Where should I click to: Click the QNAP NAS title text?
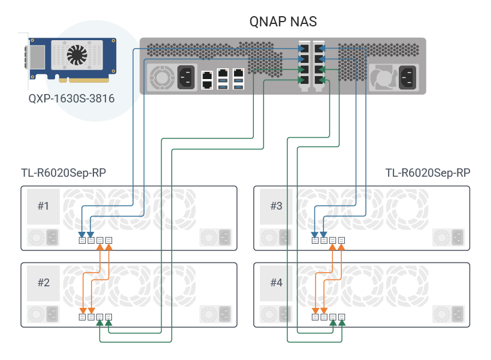click(x=283, y=22)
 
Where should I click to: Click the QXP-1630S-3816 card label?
click(x=71, y=98)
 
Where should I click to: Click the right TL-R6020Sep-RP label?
click(x=428, y=174)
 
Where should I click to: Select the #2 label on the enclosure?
click(x=44, y=283)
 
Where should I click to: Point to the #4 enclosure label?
click(x=276, y=283)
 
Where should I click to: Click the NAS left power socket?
click(x=184, y=76)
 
